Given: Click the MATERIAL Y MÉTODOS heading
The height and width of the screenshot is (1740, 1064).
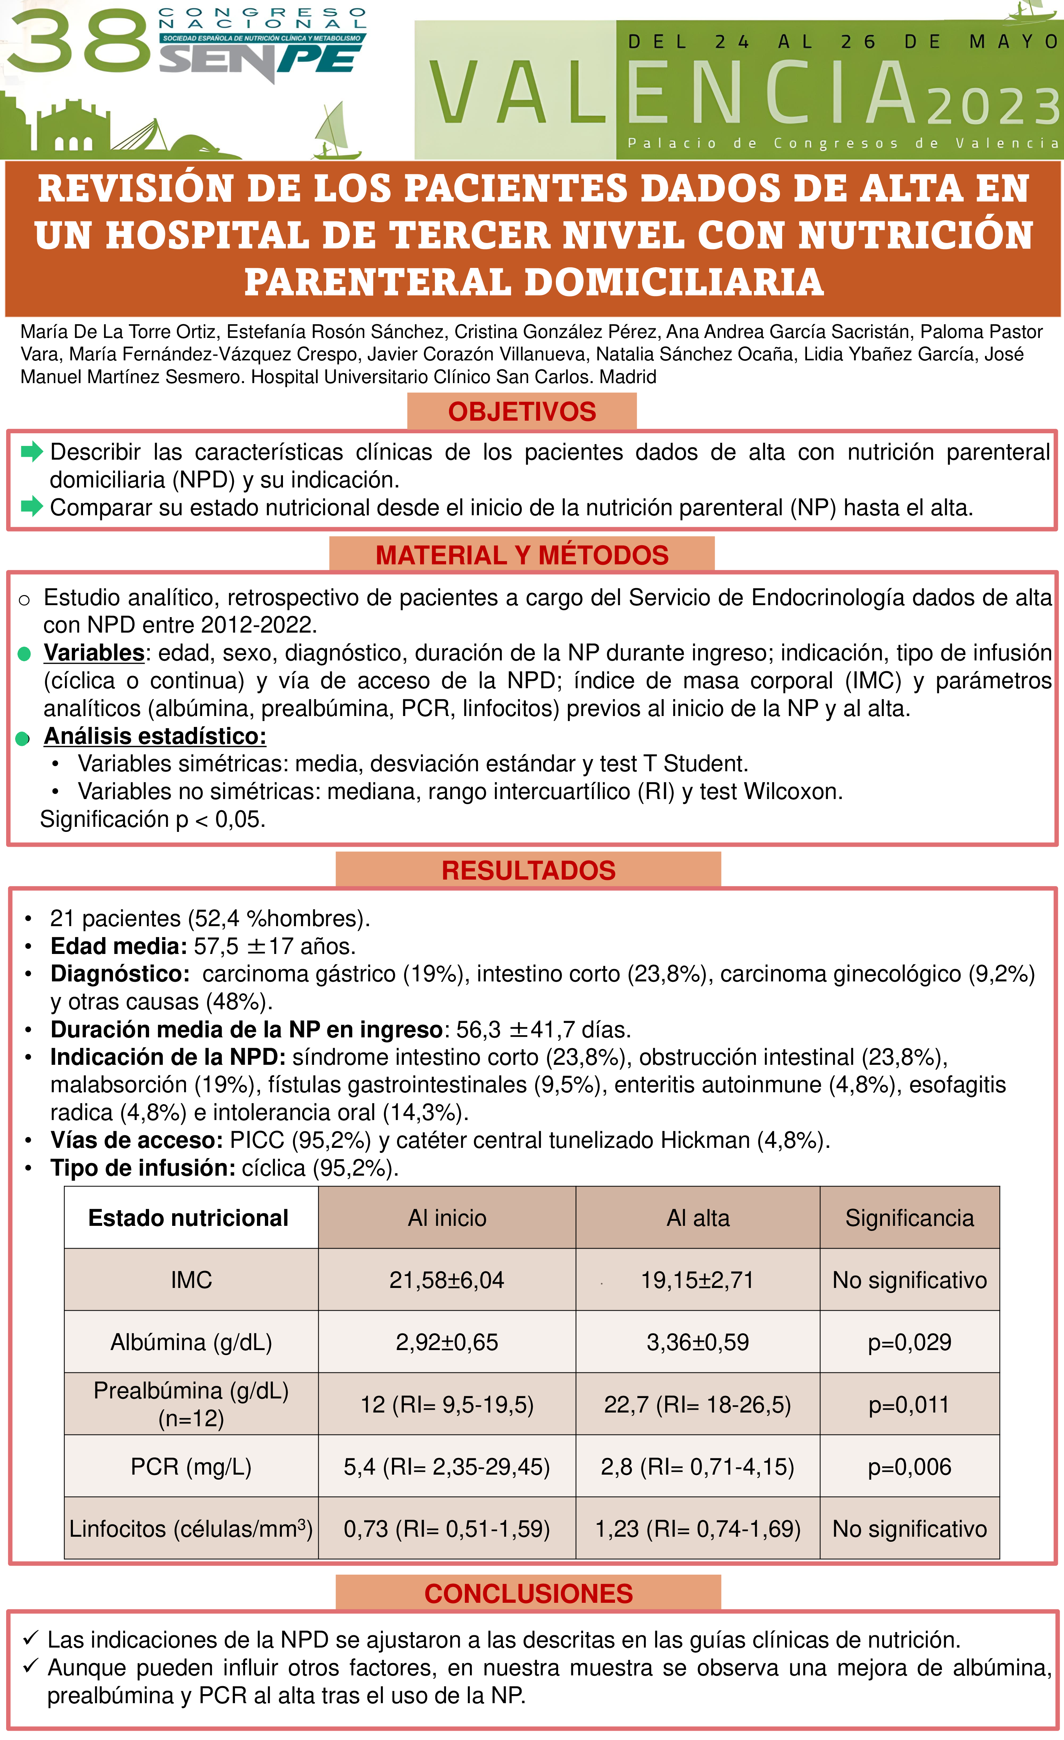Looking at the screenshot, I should click(x=522, y=555).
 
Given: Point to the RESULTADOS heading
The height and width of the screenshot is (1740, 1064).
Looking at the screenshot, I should click(x=528, y=870).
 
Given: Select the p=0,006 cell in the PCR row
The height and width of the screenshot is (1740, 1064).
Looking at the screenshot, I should click(x=910, y=1467).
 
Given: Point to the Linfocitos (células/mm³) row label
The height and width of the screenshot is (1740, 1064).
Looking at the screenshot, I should click(x=191, y=1529).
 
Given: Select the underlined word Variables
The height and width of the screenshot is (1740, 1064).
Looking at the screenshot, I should click(x=94, y=652).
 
